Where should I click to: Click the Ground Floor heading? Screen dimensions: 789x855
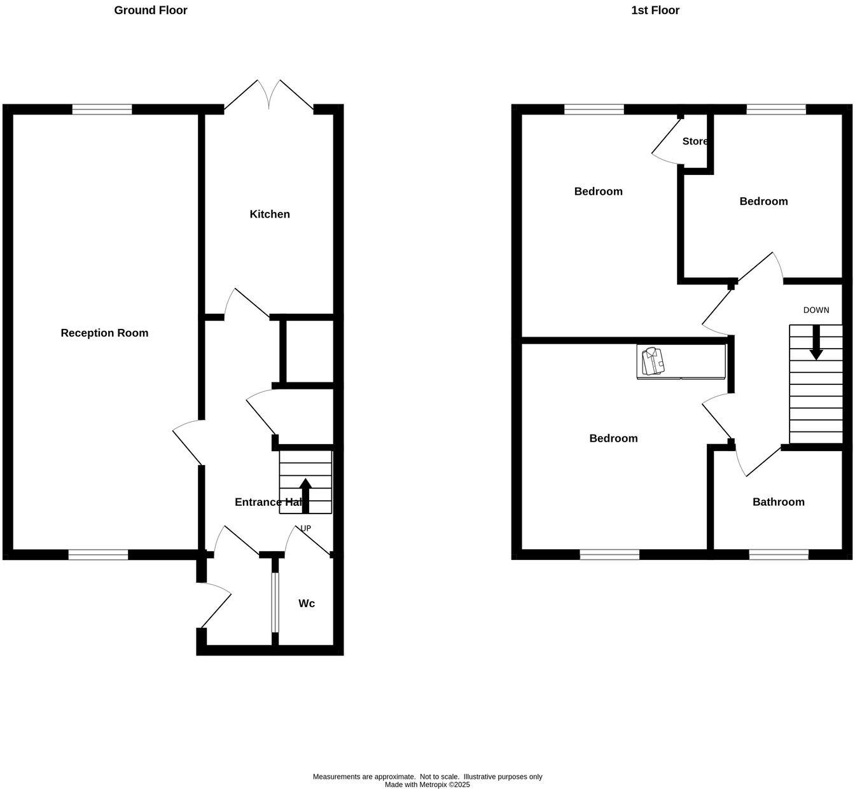(x=151, y=10)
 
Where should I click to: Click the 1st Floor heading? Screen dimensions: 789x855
(x=655, y=10)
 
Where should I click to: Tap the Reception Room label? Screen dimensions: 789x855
(x=104, y=333)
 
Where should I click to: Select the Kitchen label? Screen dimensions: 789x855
(x=270, y=214)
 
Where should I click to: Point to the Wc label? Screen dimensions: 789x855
(x=307, y=603)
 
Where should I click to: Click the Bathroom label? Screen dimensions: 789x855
(x=778, y=502)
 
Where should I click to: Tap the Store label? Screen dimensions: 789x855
(x=695, y=141)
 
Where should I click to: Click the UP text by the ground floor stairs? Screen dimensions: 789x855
(x=305, y=528)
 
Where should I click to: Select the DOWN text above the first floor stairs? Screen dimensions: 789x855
(x=816, y=311)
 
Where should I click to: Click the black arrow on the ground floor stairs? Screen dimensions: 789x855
(x=305, y=494)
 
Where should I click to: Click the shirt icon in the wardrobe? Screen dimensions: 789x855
(x=653, y=361)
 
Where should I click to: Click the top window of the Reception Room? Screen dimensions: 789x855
(x=102, y=109)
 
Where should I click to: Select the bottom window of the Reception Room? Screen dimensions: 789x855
(x=98, y=555)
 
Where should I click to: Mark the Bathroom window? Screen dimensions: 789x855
(x=779, y=555)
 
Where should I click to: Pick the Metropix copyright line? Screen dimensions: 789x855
(x=427, y=785)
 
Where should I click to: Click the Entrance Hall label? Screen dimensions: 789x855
(x=267, y=502)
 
